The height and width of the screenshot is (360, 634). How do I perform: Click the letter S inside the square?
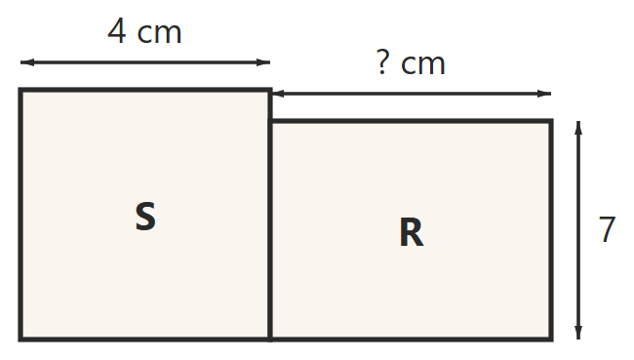(x=145, y=216)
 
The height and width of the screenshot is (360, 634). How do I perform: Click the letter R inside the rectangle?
(x=412, y=232)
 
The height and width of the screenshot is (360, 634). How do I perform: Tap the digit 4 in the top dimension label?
(x=117, y=31)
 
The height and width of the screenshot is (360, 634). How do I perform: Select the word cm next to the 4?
(x=159, y=33)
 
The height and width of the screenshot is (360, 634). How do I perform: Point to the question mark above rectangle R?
(x=383, y=61)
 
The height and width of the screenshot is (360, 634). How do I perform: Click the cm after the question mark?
(x=423, y=64)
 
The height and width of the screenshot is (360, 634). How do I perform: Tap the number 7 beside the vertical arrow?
(x=607, y=228)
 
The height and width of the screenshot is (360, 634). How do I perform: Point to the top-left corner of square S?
(x=20, y=90)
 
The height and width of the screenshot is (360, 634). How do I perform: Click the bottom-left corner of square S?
(x=20, y=339)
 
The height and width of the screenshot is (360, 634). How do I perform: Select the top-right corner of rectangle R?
(x=551, y=121)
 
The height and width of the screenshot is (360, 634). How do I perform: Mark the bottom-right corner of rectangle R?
(x=551, y=339)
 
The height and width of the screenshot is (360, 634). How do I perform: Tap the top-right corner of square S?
(x=270, y=90)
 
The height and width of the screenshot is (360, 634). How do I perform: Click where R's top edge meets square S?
(x=270, y=121)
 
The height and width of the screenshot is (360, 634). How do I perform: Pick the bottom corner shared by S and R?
(x=270, y=339)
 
